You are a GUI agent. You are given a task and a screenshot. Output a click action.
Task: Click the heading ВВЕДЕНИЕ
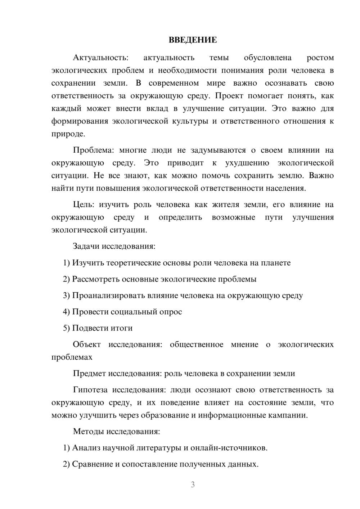(193, 40)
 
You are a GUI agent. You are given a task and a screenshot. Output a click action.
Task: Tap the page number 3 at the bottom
(193, 485)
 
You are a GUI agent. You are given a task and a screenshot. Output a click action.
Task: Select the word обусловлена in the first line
(267, 58)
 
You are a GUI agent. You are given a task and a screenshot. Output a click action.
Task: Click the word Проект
(230, 96)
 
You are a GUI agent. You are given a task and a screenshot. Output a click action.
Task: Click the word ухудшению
(247, 163)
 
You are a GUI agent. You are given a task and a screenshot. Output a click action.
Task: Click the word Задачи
(86, 247)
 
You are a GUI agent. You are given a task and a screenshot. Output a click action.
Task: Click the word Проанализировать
(108, 296)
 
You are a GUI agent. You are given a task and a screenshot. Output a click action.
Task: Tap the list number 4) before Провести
(66, 312)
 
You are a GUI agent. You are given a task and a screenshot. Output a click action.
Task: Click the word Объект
(87, 344)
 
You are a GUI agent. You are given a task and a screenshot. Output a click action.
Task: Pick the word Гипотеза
(91, 390)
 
